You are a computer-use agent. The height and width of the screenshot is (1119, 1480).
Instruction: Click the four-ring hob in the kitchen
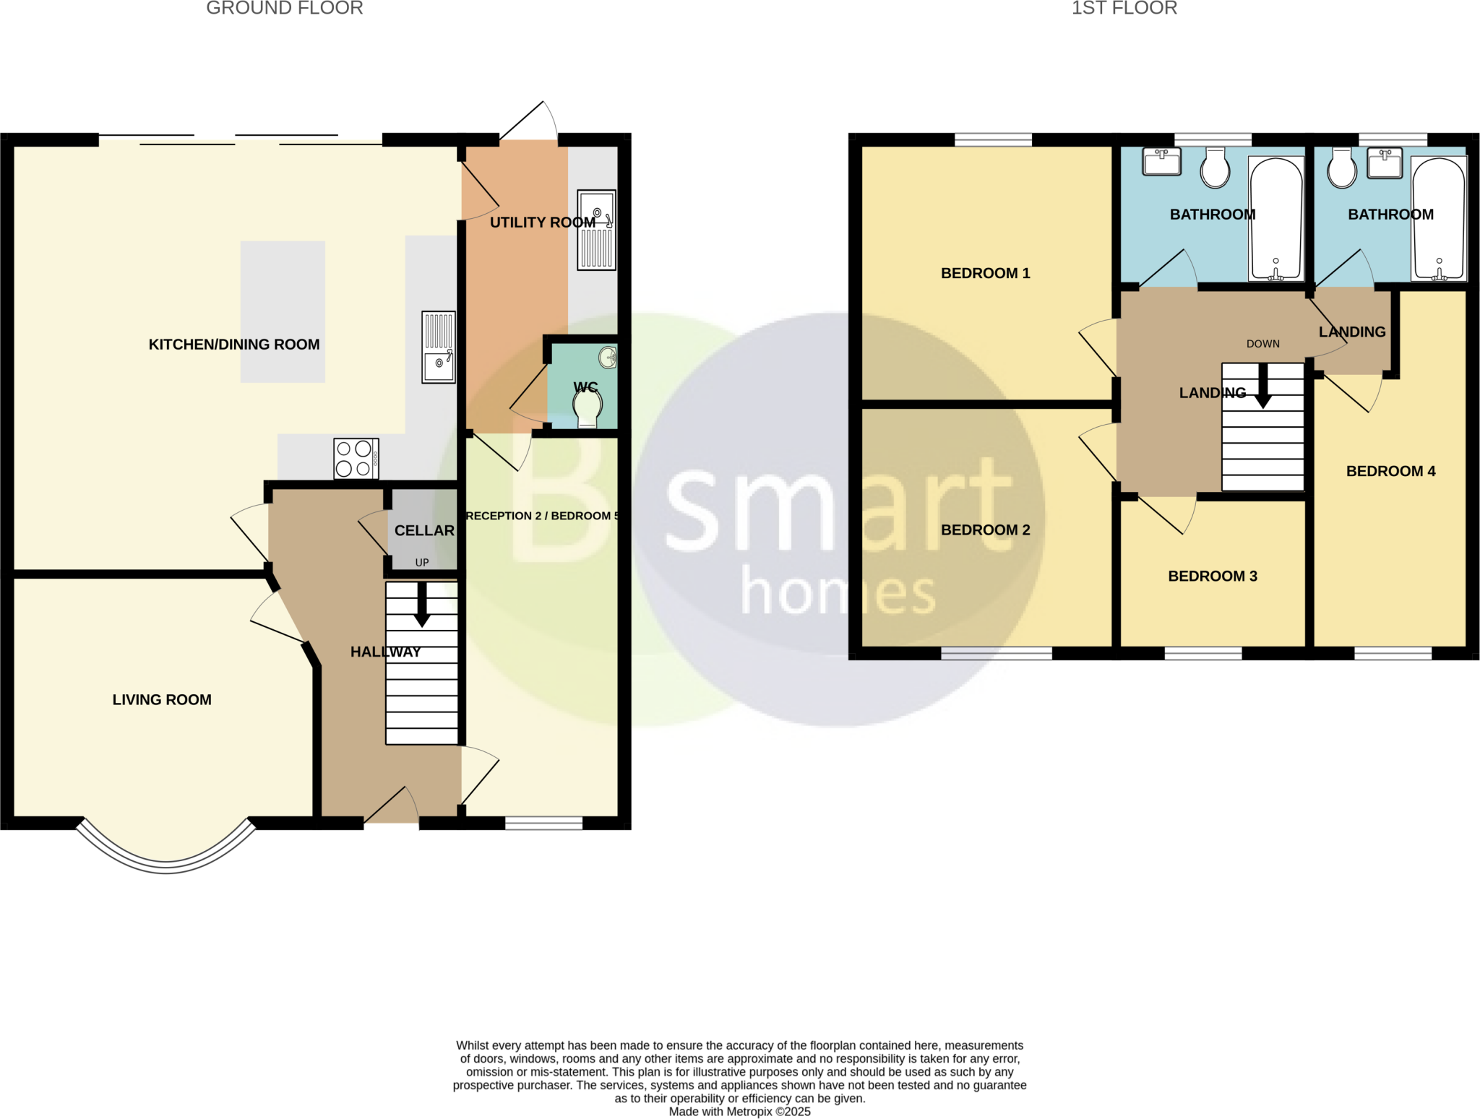click(356, 459)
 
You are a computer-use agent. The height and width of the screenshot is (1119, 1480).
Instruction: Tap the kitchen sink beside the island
click(439, 347)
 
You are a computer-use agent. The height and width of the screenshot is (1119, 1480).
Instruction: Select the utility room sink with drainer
click(596, 230)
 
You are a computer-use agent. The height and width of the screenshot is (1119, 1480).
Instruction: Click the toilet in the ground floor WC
click(588, 409)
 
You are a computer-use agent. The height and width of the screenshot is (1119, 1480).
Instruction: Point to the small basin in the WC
click(608, 357)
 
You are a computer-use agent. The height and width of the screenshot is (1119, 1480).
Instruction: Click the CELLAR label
click(424, 531)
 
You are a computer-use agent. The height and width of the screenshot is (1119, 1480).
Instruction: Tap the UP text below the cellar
click(422, 563)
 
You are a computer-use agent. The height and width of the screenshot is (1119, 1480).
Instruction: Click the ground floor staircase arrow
click(422, 605)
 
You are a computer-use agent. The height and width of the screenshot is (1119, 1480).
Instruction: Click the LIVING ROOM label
click(162, 700)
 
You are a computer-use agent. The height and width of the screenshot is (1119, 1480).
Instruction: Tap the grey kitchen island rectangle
click(283, 311)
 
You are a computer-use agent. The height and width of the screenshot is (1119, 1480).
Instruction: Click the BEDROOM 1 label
click(985, 273)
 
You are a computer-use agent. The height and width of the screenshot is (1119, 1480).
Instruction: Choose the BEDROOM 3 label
click(1213, 576)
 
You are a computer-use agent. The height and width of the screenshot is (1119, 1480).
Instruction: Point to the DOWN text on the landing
click(1262, 344)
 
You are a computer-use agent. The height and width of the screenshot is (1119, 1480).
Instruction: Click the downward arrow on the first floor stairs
click(1262, 387)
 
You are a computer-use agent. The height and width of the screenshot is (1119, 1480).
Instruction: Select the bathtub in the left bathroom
click(1276, 219)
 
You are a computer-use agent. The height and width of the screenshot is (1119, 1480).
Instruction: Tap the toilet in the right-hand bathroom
click(1342, 168)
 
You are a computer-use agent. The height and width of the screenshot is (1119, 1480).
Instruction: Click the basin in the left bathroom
click(1161, 161)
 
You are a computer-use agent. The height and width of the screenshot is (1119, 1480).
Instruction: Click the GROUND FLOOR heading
click(285, 9)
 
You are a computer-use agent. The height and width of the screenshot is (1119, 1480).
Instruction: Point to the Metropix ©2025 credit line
click(739, 1112)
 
